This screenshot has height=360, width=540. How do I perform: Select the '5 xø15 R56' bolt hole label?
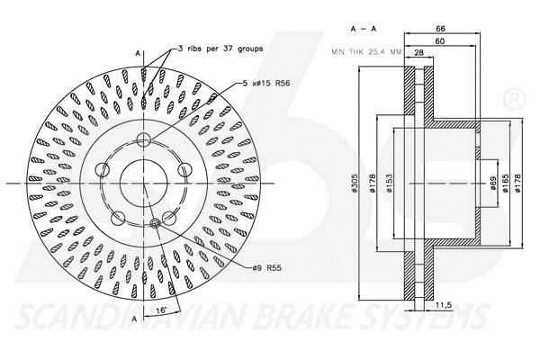coord(273,83)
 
